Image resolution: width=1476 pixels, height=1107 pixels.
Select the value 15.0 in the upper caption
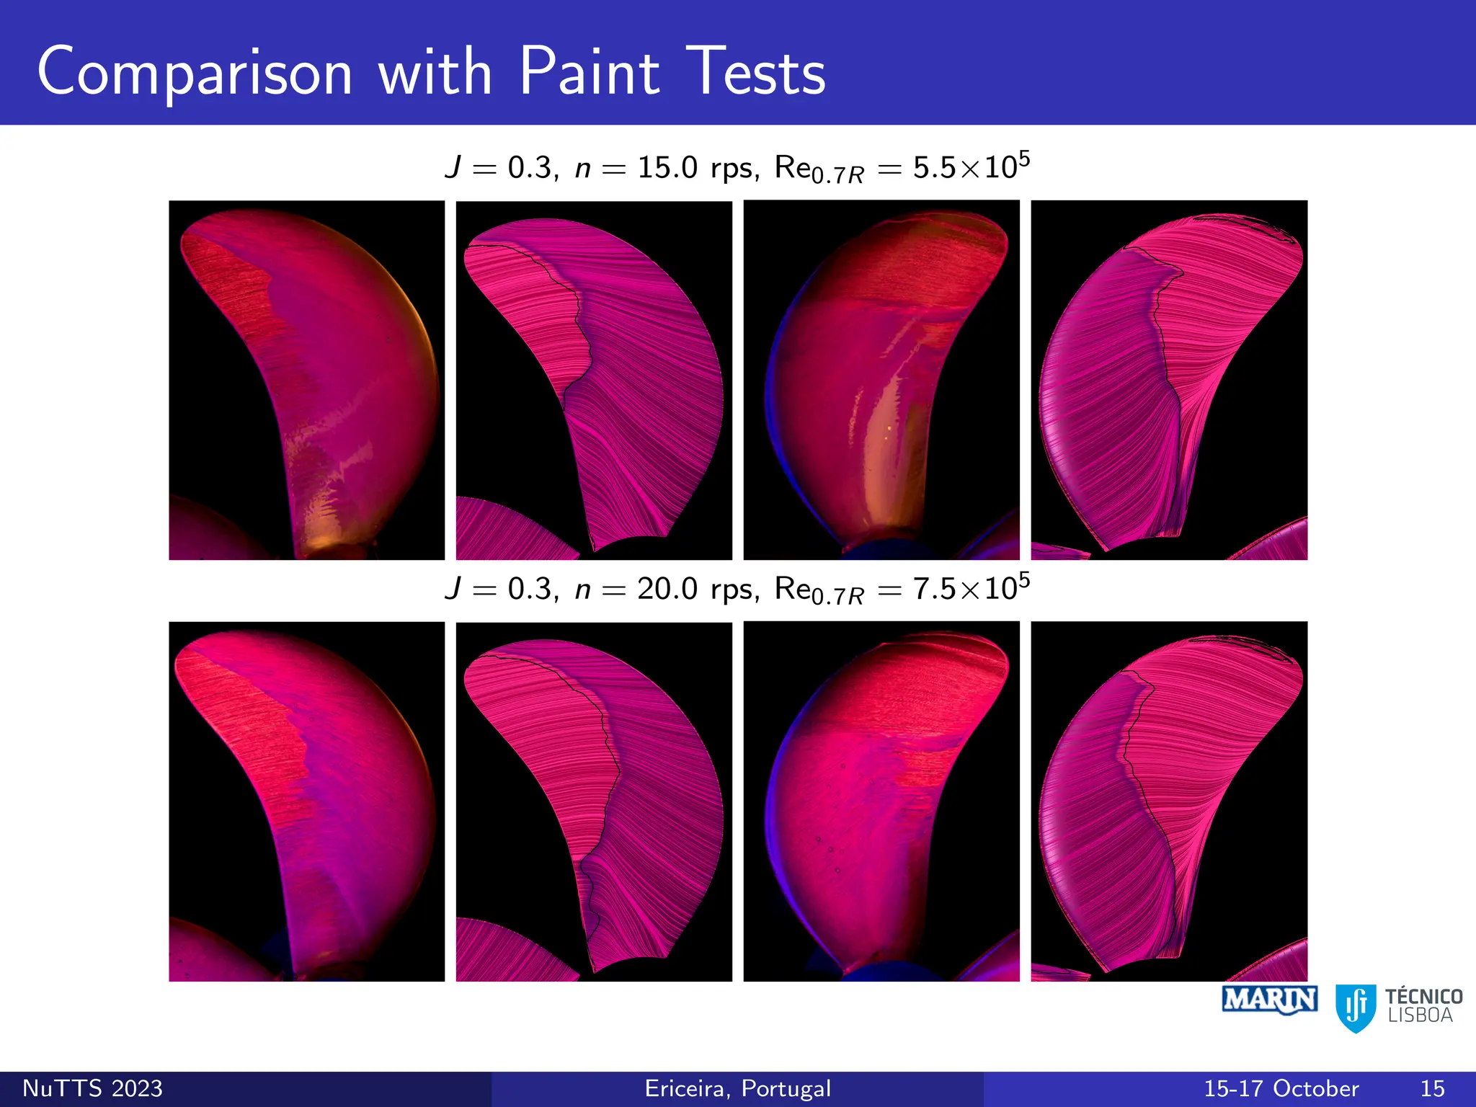click(667, 168)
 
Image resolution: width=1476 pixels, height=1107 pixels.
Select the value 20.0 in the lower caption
click(667, 590)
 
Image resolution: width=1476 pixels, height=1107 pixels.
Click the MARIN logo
click(1270, 1000)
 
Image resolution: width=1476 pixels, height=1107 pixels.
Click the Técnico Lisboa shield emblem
click(1356, 1008)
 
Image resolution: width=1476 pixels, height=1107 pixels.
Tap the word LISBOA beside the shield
click(1421, 1016)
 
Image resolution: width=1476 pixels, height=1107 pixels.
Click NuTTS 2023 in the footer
click(93, 1088)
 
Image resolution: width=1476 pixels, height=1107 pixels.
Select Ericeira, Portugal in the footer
click(738, 1088)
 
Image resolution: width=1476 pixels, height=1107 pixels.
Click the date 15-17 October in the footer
click(1281, 1088)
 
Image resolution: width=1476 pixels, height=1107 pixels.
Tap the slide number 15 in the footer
click(1433, 1088)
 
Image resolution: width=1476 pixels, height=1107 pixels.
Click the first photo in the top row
click(306, 380)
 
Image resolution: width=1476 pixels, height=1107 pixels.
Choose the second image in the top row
click(594, 380)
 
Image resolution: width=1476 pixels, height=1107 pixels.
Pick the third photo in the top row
click(881, 380)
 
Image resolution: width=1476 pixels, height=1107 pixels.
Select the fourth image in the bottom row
click(1169, 801)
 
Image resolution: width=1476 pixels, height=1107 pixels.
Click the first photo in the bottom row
click(306, 801)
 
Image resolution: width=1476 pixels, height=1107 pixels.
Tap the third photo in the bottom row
click(881, 801)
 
